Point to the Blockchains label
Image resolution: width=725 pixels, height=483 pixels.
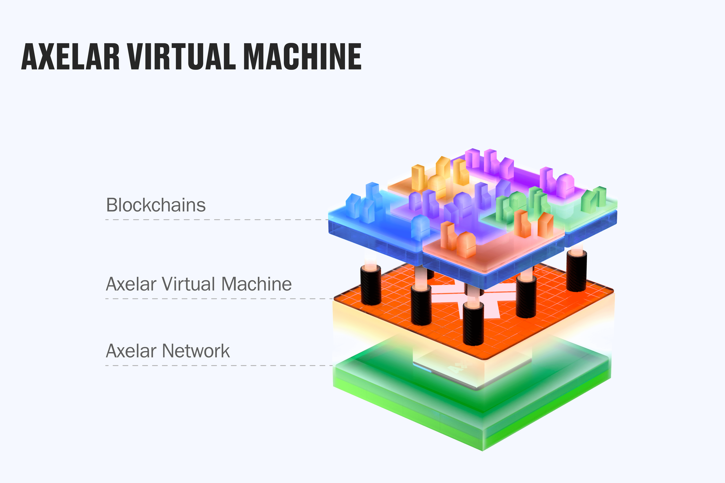[x=156, y=205]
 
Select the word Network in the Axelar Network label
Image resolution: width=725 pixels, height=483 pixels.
[x=196, y=351]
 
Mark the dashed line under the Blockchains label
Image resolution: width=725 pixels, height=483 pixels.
[x=216, y=220]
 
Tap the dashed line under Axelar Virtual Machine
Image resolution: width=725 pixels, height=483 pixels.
[x=216, y=299]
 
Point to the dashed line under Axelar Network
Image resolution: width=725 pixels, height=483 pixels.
[x=216, y=366]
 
